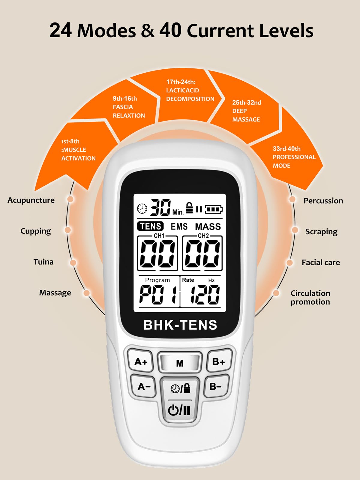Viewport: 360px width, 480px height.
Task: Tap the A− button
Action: point(144,386)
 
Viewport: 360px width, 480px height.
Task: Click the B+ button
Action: point(219,362)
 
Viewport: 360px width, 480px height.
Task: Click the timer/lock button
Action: point(180,388)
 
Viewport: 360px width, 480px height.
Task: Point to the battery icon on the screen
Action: point(214,209)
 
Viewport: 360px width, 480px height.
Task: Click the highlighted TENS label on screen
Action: point(150,226)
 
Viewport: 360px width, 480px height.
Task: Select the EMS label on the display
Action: point(179,226)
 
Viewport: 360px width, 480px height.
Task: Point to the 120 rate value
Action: point(205,295)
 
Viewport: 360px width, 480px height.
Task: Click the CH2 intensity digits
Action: point(202,254)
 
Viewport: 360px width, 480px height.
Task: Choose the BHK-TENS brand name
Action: point(180,325)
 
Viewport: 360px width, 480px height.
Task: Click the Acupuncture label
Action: point(31,200)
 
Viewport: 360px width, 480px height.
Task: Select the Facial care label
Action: point(321,262)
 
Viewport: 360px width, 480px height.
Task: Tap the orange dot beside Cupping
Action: point(68,230)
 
